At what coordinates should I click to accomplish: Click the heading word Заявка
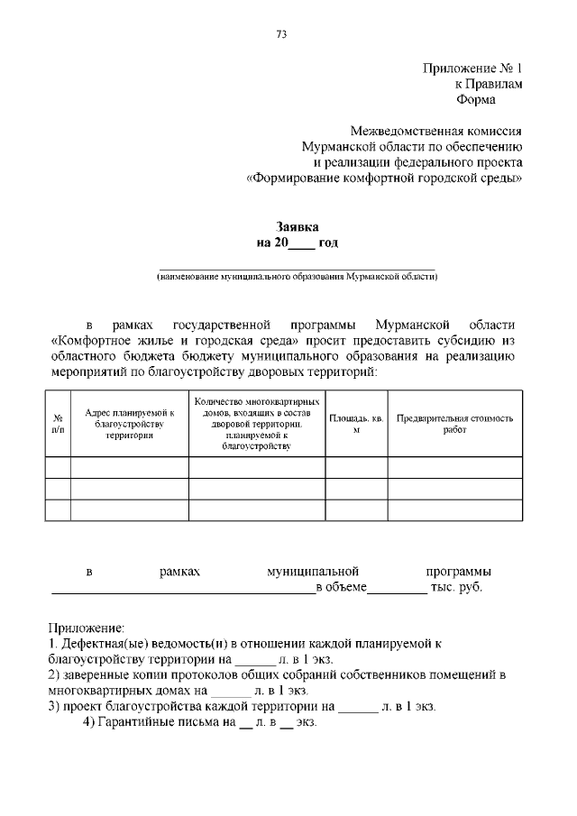(298, 227)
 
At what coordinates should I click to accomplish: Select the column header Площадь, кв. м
(356, 424)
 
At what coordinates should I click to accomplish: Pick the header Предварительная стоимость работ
(454, 424)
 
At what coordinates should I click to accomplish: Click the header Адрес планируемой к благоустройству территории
(129, 424)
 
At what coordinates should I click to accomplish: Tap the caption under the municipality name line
(297, 277)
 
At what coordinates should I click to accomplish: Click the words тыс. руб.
(457, 588)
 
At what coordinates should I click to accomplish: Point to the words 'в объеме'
(342, 588)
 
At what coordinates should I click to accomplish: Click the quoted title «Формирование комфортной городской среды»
(385, 179)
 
